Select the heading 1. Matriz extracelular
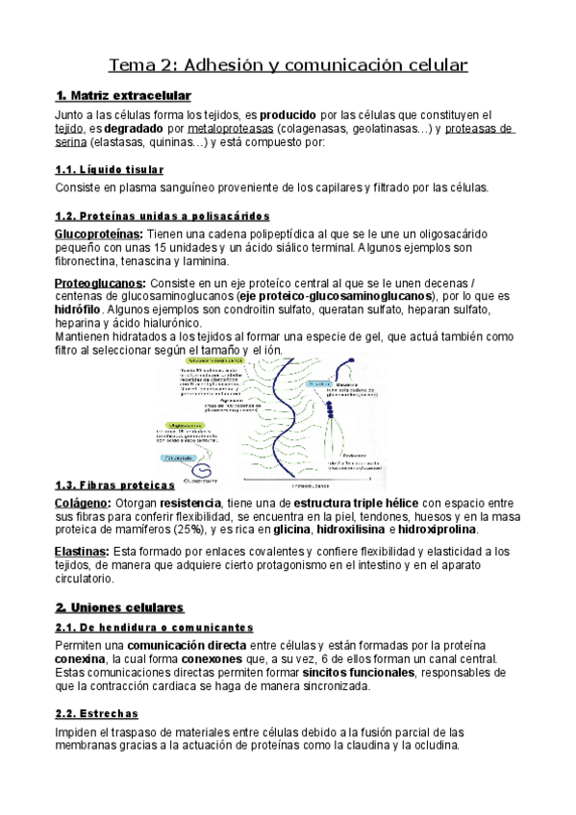click(x=124, y=95)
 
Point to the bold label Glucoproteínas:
click(x=99, y=233)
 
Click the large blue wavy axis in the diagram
click(x=278, y=413)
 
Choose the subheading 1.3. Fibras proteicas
click(x=115, y=485)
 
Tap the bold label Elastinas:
click(x=82, y=551)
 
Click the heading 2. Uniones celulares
click(x=119, y=607)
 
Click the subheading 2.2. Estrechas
click(x=97, y=713)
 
